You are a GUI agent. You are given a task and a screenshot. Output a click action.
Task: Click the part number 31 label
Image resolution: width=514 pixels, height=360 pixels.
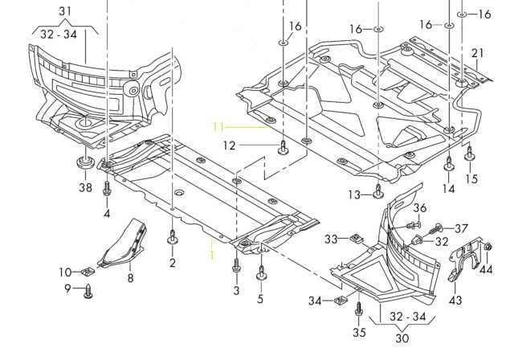pyautogui.click(x=64, y=10)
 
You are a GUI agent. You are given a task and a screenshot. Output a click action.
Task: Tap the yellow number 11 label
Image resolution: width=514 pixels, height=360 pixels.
pyautogui.click(x=219, y=126)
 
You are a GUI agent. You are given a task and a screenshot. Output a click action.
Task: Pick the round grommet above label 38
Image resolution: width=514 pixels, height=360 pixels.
pyautogui.click(x=84, y=165)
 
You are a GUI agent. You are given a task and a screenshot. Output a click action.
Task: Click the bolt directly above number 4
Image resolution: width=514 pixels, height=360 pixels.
pyautogui.click(x=106, y=190)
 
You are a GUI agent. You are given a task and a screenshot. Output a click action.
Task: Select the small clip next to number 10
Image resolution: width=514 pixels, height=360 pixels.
pyautogui.click(x=88, y=269)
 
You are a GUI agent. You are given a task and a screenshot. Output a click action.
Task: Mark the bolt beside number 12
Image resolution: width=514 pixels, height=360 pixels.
pyautogui.click(x=283, y=147)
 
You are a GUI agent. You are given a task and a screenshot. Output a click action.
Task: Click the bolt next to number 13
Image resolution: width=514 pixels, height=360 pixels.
pyautogui.click(x=377, y=191)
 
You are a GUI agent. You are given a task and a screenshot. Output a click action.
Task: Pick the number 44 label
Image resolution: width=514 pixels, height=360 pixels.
pyautogui.click(x=486, y=269)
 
